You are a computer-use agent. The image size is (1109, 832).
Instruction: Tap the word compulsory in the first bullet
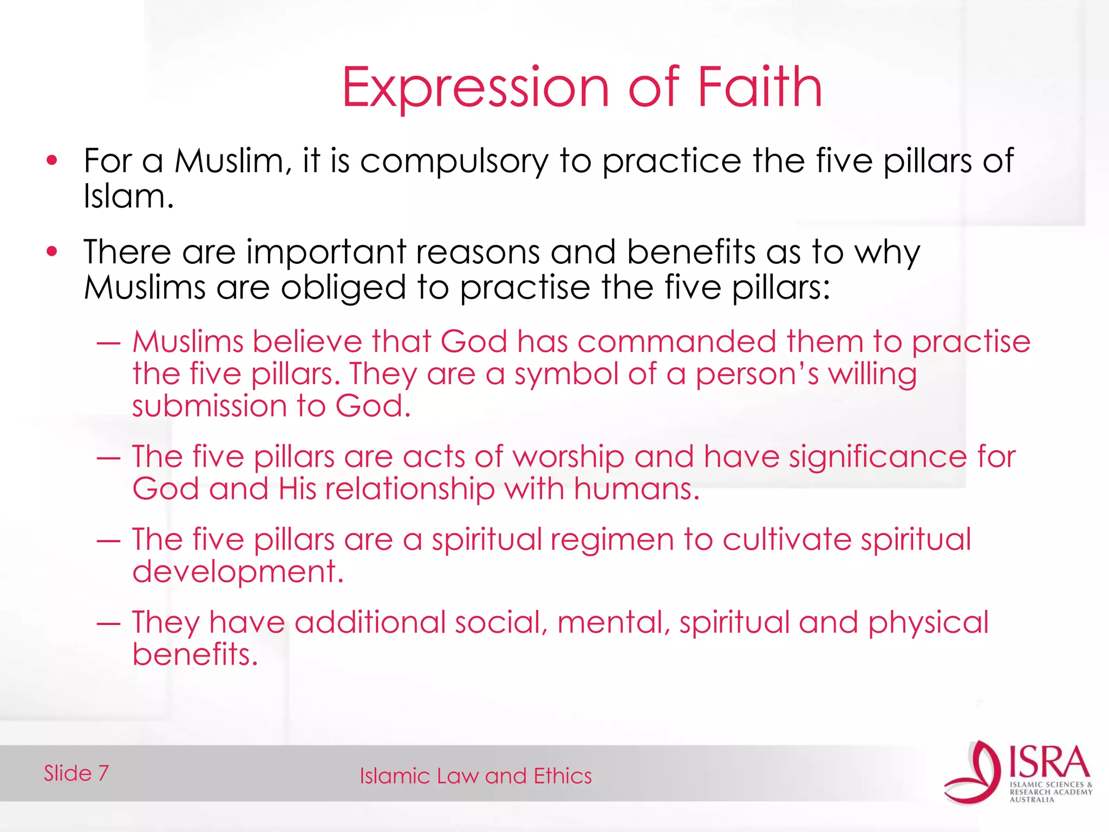click(x=454, y=161)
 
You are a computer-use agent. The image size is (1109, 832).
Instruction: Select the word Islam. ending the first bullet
click(x=128, y=196)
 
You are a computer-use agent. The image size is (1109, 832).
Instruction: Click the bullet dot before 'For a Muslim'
click(x=52, y=160)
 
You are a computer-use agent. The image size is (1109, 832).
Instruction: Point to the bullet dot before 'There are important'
click(x=52, y=251)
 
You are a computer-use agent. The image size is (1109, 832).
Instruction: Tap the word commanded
click(x=676, y=342)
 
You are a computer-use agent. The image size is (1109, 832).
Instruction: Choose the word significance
click(x=877, y=457)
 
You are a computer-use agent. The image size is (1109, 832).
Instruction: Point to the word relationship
click(x=409, y=489)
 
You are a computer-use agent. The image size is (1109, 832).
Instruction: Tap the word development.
click(x=238, y=572)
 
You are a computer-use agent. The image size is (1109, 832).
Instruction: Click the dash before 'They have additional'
click(x=108, y=623)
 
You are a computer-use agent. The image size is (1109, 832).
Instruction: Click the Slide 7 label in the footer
click(x=76, y=773)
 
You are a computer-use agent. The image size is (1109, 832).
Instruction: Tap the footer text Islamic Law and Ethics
click(x=475, y=776)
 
